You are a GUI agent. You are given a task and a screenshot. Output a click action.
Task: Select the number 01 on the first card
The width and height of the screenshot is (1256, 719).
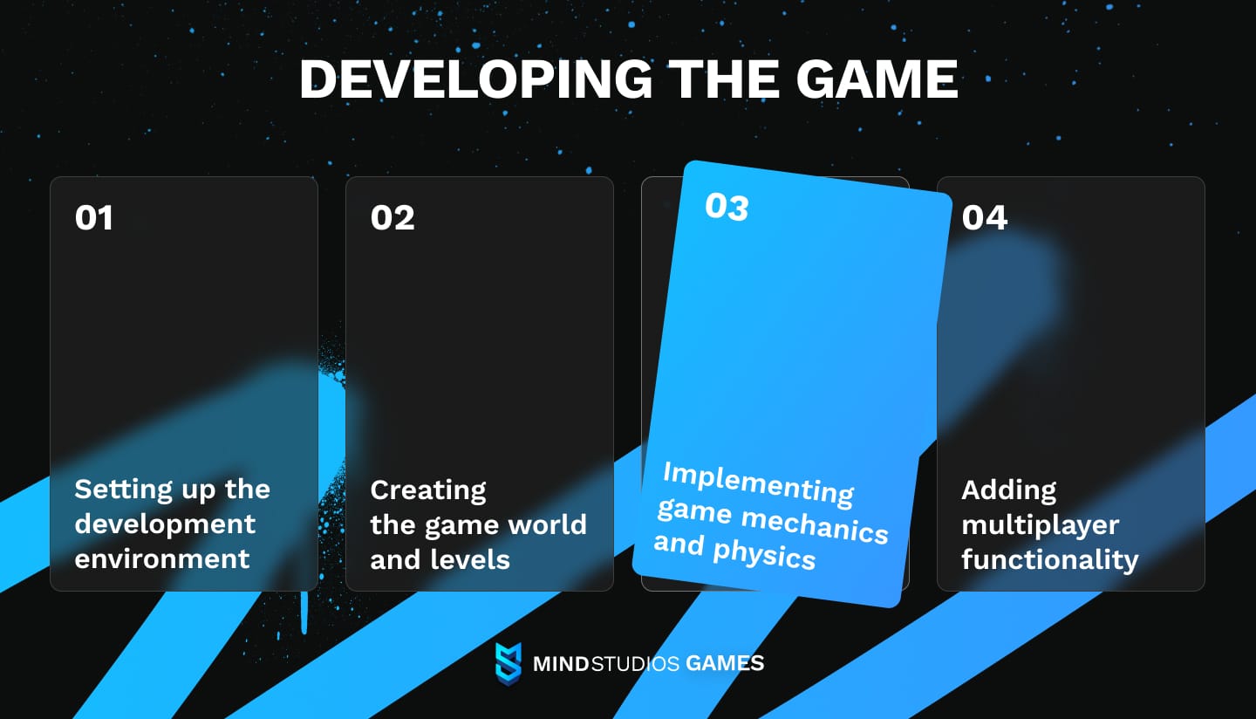click(x=94, y=217)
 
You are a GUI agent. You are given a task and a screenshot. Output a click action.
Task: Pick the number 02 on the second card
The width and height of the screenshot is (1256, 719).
click(x=392, y=217)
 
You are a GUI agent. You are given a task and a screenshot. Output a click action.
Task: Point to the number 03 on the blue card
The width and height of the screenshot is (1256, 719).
click(x=727, y=207)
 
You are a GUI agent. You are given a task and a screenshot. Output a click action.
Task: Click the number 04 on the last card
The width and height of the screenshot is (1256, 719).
click(x=985, y=217)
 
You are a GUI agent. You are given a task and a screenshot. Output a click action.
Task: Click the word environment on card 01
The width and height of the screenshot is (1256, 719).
click(x=162, y=558)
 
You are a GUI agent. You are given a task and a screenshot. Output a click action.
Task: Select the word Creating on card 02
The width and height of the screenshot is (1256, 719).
click(x=428, y=491)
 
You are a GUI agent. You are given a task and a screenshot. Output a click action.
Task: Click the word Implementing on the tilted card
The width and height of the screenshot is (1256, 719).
click(x=758, y=483)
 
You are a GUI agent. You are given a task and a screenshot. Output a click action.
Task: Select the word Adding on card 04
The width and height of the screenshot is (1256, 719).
click(x=1009, y=491)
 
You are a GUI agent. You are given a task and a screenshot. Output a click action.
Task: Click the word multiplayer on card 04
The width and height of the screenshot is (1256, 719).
click(x=1041, y=525)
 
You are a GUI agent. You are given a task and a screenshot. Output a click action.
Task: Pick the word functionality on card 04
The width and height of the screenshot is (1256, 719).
click(x=1050, y=559)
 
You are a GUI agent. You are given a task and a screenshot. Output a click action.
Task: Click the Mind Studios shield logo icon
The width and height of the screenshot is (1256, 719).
click(x=508, y=662)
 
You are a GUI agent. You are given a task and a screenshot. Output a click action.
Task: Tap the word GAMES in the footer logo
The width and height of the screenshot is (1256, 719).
click(x=725, y=663)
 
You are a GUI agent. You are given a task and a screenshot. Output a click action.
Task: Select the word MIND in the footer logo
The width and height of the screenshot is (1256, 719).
click(x=561, y=664)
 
